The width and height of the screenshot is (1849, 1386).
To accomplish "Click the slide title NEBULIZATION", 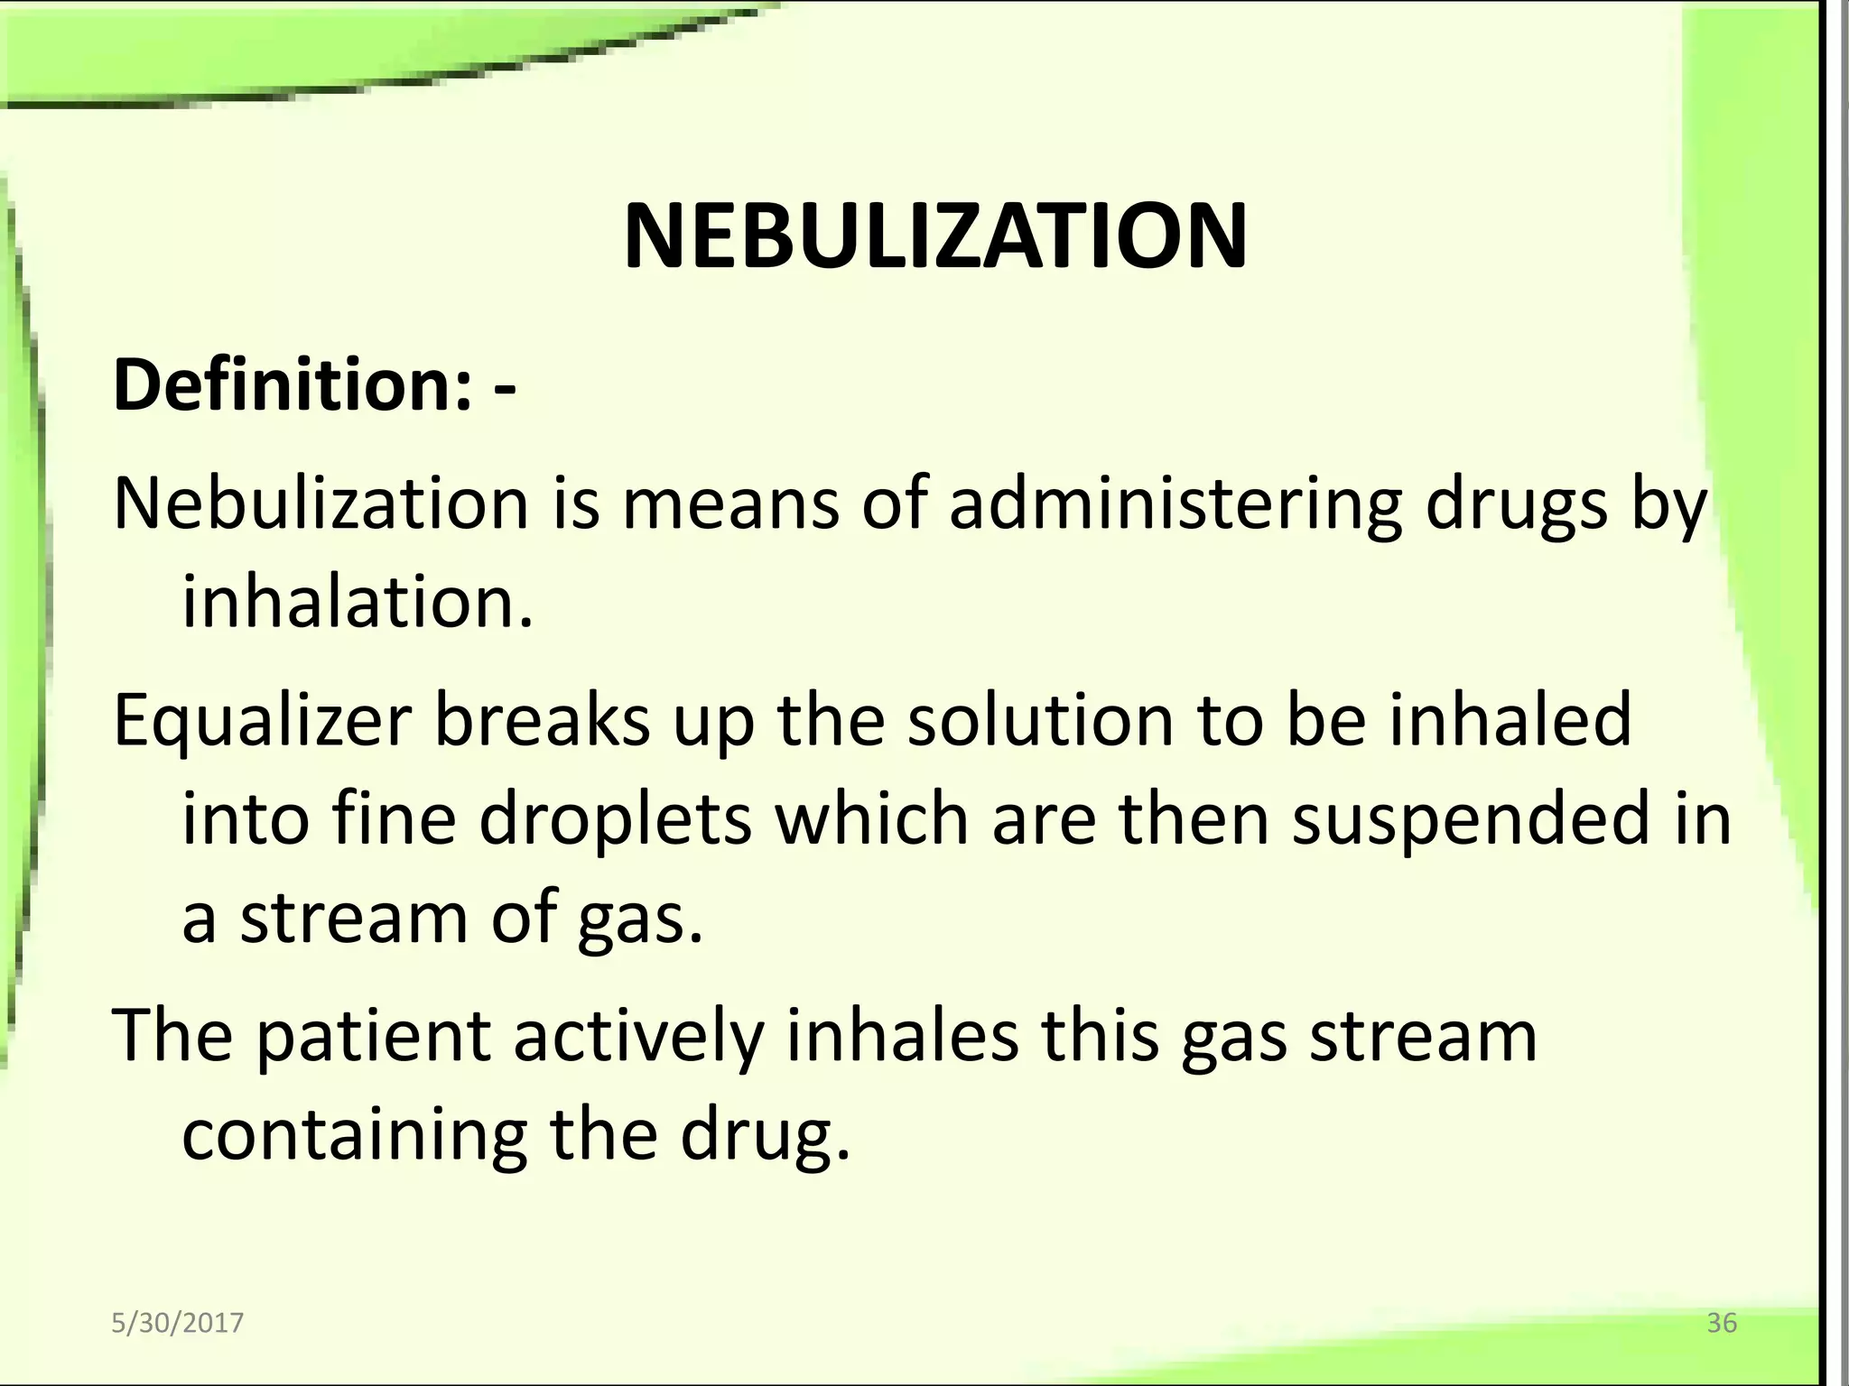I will point(935,237).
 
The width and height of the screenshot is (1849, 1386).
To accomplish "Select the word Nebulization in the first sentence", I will point(321,503).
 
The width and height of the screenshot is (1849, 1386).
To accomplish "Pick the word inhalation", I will point(358,602).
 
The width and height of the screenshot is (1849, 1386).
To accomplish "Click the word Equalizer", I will point(262,722).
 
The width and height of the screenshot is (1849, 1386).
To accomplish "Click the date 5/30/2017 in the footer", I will point(177,1323).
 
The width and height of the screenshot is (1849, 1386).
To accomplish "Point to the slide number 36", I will point(1722,1323).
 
